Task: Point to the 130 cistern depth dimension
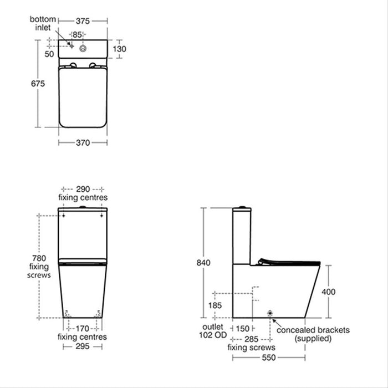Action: tap(120, 49)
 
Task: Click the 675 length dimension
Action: tap(37, 83)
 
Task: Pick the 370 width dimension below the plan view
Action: tap(83, 142)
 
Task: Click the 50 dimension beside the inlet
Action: tap(49, 54)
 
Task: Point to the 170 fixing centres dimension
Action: tap(83, 328)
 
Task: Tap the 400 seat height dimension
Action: tap(329, 292)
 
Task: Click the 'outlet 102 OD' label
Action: tap(214, 333)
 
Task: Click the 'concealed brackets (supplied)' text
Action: tap(313, 334)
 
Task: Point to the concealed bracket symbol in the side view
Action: tap(270, 314)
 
